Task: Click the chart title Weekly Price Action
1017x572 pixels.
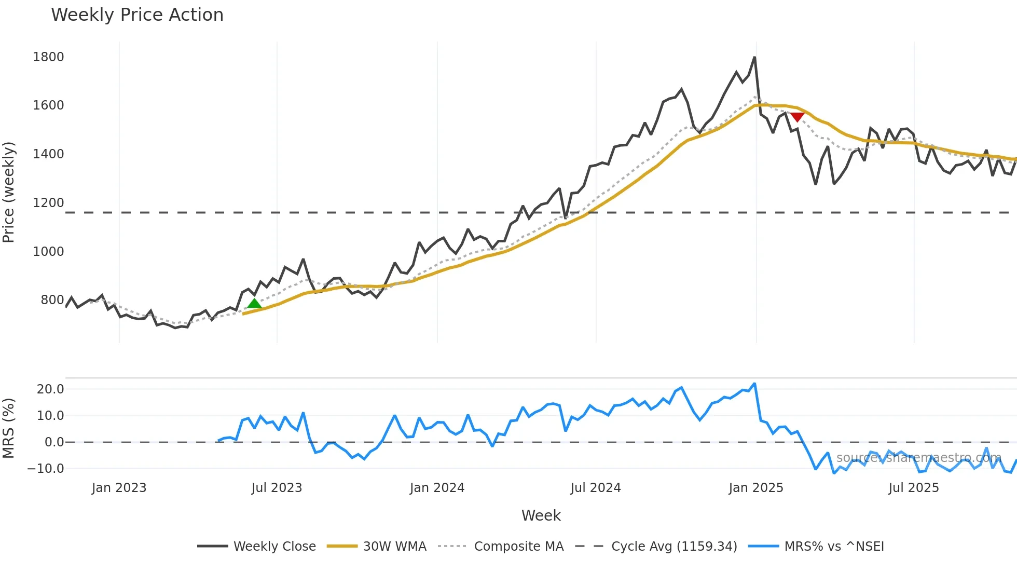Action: click(137, 15)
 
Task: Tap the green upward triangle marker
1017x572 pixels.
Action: click(254, 303)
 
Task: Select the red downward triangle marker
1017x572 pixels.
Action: click(797, 117)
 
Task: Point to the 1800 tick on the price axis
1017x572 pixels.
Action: click(48, 57)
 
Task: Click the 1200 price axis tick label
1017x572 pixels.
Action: click(48, 203)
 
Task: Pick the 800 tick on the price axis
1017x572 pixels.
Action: click(52, 300)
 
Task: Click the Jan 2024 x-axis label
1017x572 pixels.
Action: click(437, 488)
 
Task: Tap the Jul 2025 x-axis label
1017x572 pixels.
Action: click(913, 488)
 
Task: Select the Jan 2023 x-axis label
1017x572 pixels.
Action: click(119, 488)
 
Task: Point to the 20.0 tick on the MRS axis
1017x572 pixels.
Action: click(50, 389)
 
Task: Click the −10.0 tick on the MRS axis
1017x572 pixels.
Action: click(46, 469)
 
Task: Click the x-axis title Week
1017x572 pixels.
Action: click(541, 515)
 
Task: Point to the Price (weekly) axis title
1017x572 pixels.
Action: click(9, 192)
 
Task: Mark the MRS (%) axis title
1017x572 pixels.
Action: click(9, 428)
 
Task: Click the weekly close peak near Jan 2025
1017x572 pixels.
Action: click(754, 58)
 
